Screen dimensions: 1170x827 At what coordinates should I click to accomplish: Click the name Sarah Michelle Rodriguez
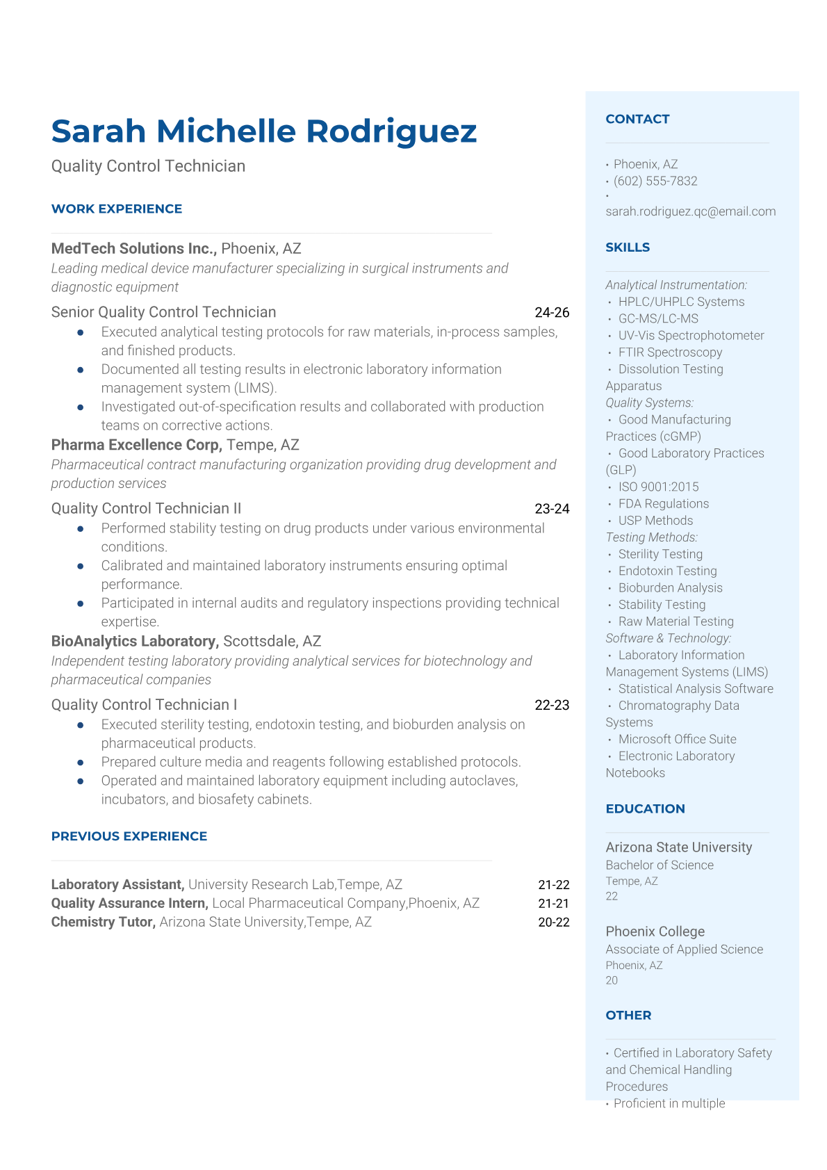click(x=264, y=131)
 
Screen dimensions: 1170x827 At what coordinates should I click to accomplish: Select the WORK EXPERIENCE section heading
click(x=117, y=209)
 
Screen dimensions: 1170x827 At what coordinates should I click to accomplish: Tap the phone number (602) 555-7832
click(x=655, y=181)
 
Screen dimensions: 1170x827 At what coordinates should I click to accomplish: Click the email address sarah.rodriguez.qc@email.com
click(x=690, y=211)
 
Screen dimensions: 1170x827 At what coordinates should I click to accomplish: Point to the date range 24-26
click(x=552, y=312)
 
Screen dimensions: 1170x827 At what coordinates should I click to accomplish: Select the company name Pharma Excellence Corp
click(x=136, y=445)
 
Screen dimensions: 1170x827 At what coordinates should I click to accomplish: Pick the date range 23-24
click(x=552, y=509)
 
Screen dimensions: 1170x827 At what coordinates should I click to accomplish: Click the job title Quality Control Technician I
click(x=144, y=705)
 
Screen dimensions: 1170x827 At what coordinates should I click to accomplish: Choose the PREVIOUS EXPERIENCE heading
click(x=129, y=836)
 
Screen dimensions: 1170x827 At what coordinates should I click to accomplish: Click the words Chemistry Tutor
click(x=103, y=922)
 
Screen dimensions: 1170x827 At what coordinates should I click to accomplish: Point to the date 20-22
click(x=553, y=923)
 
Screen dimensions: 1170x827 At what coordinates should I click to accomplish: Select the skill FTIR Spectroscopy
click(x=670, y=352)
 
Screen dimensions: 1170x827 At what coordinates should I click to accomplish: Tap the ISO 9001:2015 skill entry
click(x=658, y=487)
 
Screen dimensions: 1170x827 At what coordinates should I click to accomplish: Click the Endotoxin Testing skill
click(x=667, y=571)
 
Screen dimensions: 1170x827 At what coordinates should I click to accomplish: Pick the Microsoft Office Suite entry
click(x=677, y=739)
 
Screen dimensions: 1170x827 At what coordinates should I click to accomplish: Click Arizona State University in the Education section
click(x=678, y=847)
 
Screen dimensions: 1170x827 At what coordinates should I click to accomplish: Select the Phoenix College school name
click(x=655, y=932)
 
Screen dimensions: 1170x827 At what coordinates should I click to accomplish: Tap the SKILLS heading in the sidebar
click(x=628, y=247)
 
